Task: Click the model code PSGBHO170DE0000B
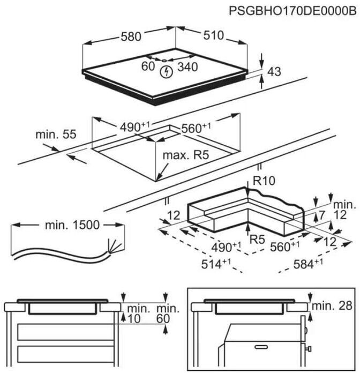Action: [x=292, y=10]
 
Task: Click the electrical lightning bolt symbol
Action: [x=166, y=71]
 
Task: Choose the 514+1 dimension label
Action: [x=216, y=264]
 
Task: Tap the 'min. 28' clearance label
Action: [x=333, y=306]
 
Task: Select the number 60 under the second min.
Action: [x=163, y=318]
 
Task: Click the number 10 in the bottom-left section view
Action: [x=133, y=318]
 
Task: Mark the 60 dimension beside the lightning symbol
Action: [x=148, y=66]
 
